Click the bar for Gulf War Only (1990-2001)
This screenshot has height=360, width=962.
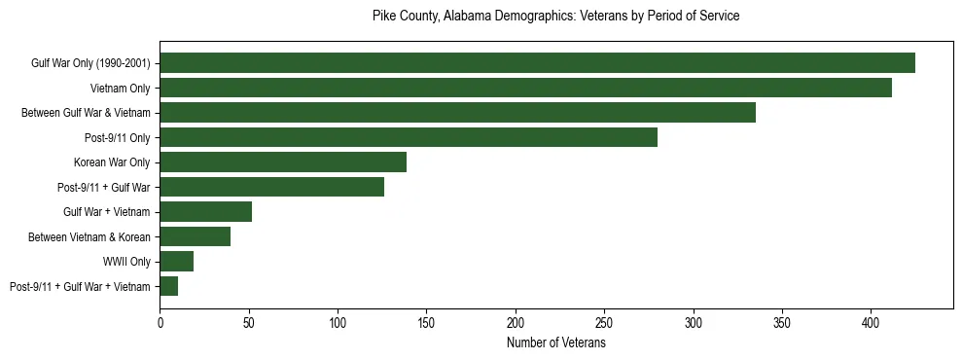(537, 63)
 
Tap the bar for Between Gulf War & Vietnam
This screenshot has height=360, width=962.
(457, 113)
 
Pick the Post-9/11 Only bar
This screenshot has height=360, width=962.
(409, 137)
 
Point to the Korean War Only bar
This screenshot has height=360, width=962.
(283, 162)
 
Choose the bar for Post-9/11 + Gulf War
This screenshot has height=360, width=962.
(271, 187)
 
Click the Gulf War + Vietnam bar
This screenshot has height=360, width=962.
(205, 212)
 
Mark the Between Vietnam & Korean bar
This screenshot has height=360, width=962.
(195, 236)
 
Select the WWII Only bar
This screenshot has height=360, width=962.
(176, 262)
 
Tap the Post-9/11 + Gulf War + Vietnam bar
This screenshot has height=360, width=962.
(168, 286)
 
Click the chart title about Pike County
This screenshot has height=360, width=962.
(556, 17)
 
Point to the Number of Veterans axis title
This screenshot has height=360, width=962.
(556, 343)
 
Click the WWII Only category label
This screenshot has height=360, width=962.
(126, 262)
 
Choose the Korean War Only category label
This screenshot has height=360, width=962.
(112, 162)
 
